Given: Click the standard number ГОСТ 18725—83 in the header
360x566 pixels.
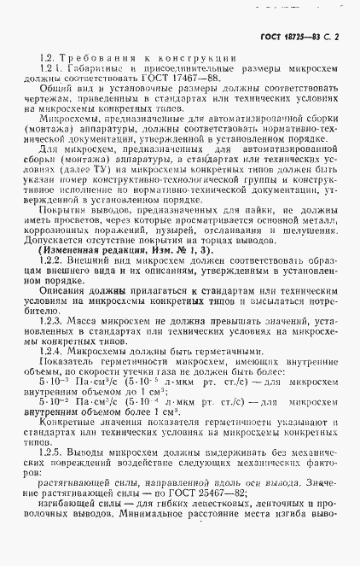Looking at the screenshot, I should (x=295, y=37).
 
